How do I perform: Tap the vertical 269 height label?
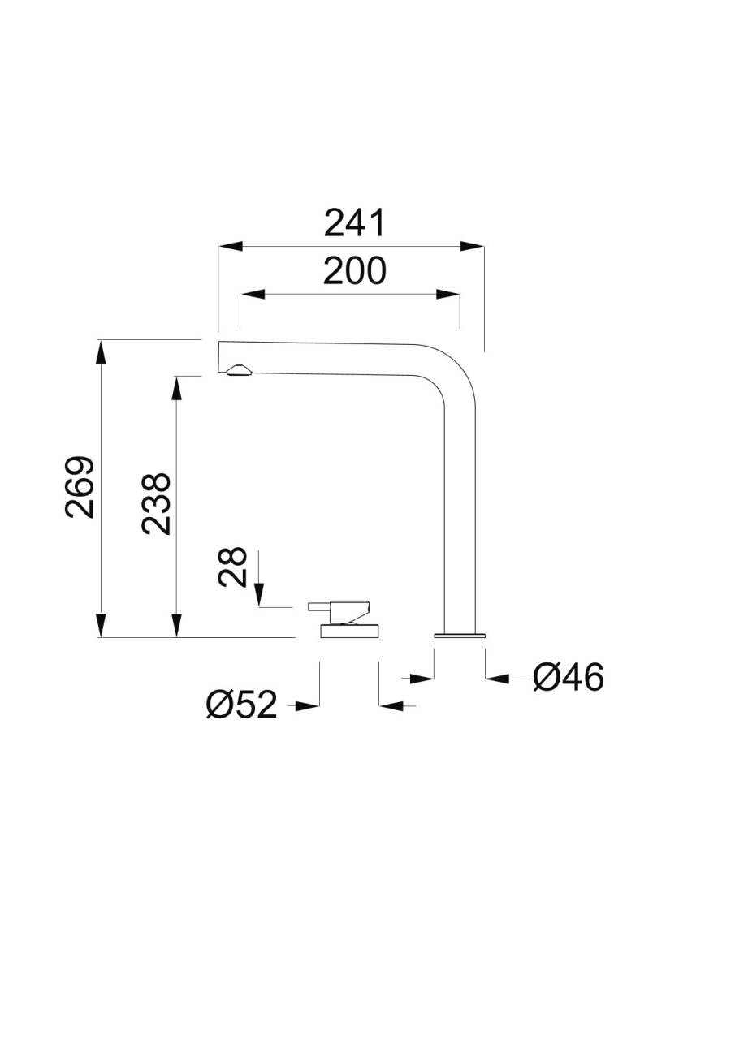pyautogui.click(x=80, y=488)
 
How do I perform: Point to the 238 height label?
pyautogui.click(x=157, y=504)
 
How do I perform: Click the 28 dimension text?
pyautogui.click(x=232, y=567)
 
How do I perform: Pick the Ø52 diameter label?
pyautogui.click(x=241, y=705)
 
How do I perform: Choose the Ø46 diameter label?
pyautogui.click(x=569, y=678)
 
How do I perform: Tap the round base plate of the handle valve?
pyautogui.click(x=350, y=631)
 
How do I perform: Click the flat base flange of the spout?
pyautogui.click(x=460, y=635)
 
